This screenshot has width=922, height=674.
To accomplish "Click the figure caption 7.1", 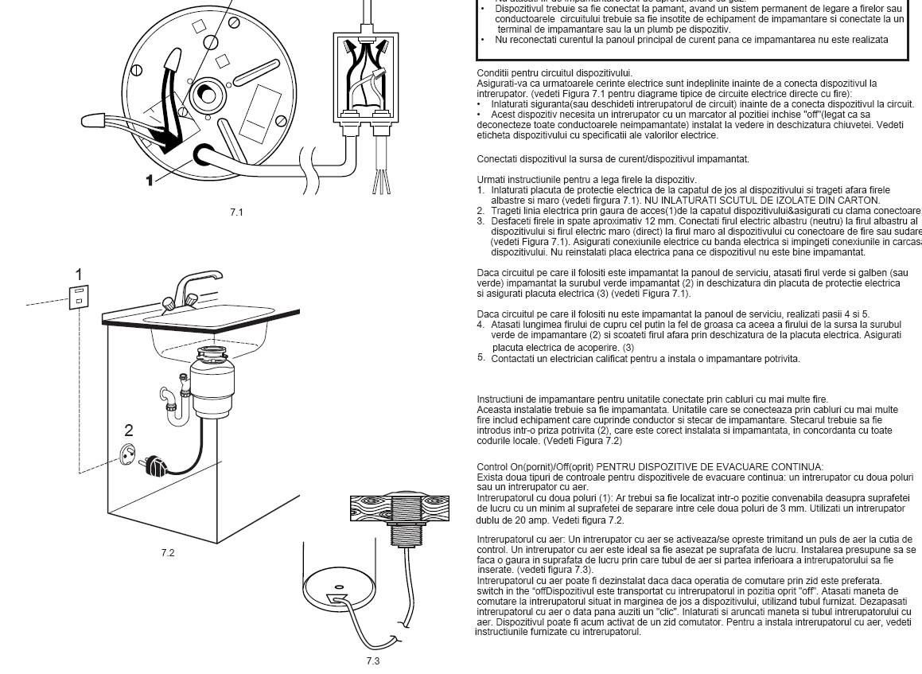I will click(236, 212).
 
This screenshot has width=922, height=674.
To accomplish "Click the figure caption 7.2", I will click(167, 552).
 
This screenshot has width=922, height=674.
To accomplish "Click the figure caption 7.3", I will click(373, 660).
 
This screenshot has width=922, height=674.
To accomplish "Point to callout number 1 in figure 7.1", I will click(149, 181).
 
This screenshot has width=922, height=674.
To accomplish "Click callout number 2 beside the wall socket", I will click(128, 431).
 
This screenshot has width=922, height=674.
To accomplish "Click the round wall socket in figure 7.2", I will click(128, 454).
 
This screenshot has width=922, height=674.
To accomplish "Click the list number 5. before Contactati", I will click(480, 357).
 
